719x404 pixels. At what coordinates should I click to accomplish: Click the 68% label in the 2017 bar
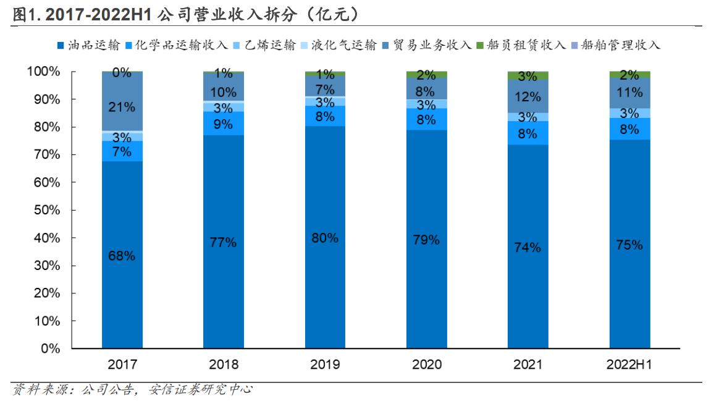(122, 256)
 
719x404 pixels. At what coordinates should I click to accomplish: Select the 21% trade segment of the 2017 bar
(122, 107)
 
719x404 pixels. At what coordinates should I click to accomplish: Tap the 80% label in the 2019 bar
(325, 238)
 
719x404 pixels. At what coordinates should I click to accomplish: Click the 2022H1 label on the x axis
(629, 364)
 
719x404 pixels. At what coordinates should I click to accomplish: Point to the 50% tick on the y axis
(48, 210)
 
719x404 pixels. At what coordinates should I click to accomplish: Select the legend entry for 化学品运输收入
(176, 45)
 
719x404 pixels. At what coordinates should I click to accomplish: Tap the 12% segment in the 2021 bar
(528, 97)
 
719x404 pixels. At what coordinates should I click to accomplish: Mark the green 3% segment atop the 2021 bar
(528, 76)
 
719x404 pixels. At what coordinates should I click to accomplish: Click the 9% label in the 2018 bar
(224, 124)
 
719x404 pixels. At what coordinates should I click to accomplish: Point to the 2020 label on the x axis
(426, 364)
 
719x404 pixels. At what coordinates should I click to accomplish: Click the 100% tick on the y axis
(44, 72)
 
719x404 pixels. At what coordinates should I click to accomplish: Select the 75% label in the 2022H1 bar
(629, 245)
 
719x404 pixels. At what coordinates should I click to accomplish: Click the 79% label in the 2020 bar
(426, 240)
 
